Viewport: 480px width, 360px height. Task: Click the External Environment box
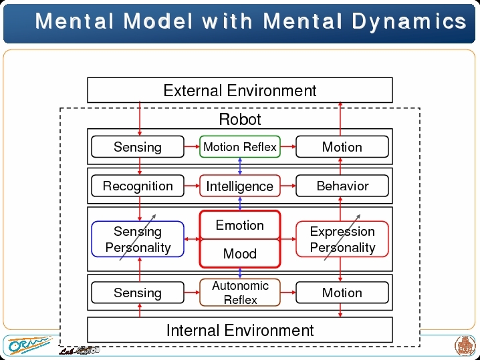pos(240,90)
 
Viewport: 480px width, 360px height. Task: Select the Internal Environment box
pos(240,330)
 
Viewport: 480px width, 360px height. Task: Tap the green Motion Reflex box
pos(240,147)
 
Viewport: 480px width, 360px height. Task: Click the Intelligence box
pos(240,186)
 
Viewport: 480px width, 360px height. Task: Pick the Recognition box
pos(138,186)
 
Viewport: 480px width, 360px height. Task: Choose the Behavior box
pos(342,186)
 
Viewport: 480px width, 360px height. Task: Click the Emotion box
pos(240,225)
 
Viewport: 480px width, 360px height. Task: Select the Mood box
pos(240,254)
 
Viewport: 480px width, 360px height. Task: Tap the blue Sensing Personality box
pos(138,239)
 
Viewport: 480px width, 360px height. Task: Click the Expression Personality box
pos(342,239)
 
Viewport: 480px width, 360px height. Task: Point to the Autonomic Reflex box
pos(240,293)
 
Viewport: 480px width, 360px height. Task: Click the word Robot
pos(240,119)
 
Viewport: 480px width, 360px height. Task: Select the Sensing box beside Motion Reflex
pos(138,147)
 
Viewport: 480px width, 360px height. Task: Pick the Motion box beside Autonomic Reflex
pos(342,293)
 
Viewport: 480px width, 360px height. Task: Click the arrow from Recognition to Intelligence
pos(192,186)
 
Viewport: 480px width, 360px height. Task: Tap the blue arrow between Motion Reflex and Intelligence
pos(240,166)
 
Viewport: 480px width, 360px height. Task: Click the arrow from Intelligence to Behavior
pos(288,186)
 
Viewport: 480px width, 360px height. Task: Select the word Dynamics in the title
pos(409,21)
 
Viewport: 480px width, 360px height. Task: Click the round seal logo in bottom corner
pos(465,345)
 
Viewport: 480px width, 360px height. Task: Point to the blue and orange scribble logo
pos(29,345)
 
